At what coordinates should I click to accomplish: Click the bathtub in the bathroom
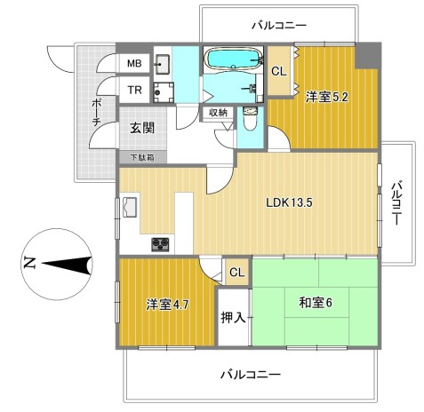[234, 59]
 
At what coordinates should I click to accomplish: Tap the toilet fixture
[251, 119]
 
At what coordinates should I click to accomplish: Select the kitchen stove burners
[160, 244]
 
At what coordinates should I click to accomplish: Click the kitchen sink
[130, 207]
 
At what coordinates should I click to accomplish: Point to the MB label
[134, 63]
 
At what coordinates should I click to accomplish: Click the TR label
[134, 90]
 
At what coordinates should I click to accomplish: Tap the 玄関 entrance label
[142, 128]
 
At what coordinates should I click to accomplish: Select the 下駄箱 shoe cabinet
[142, 157]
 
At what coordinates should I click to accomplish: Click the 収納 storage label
[219, 113]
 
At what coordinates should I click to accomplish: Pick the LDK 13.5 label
[289, 202]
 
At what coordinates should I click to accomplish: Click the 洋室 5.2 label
[327, 97]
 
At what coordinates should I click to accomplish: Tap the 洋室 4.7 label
[167, 305]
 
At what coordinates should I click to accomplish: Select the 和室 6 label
[316, 303]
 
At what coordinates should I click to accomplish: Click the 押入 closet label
[233, 317]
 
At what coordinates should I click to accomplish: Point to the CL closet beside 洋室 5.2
[279, 71]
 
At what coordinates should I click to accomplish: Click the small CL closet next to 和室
[237, 273]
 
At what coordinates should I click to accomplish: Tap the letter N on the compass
[28, 263]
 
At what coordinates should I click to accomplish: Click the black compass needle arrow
[67, 265]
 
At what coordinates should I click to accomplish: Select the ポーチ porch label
[96, 113]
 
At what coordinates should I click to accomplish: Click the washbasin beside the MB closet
[162, 64]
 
